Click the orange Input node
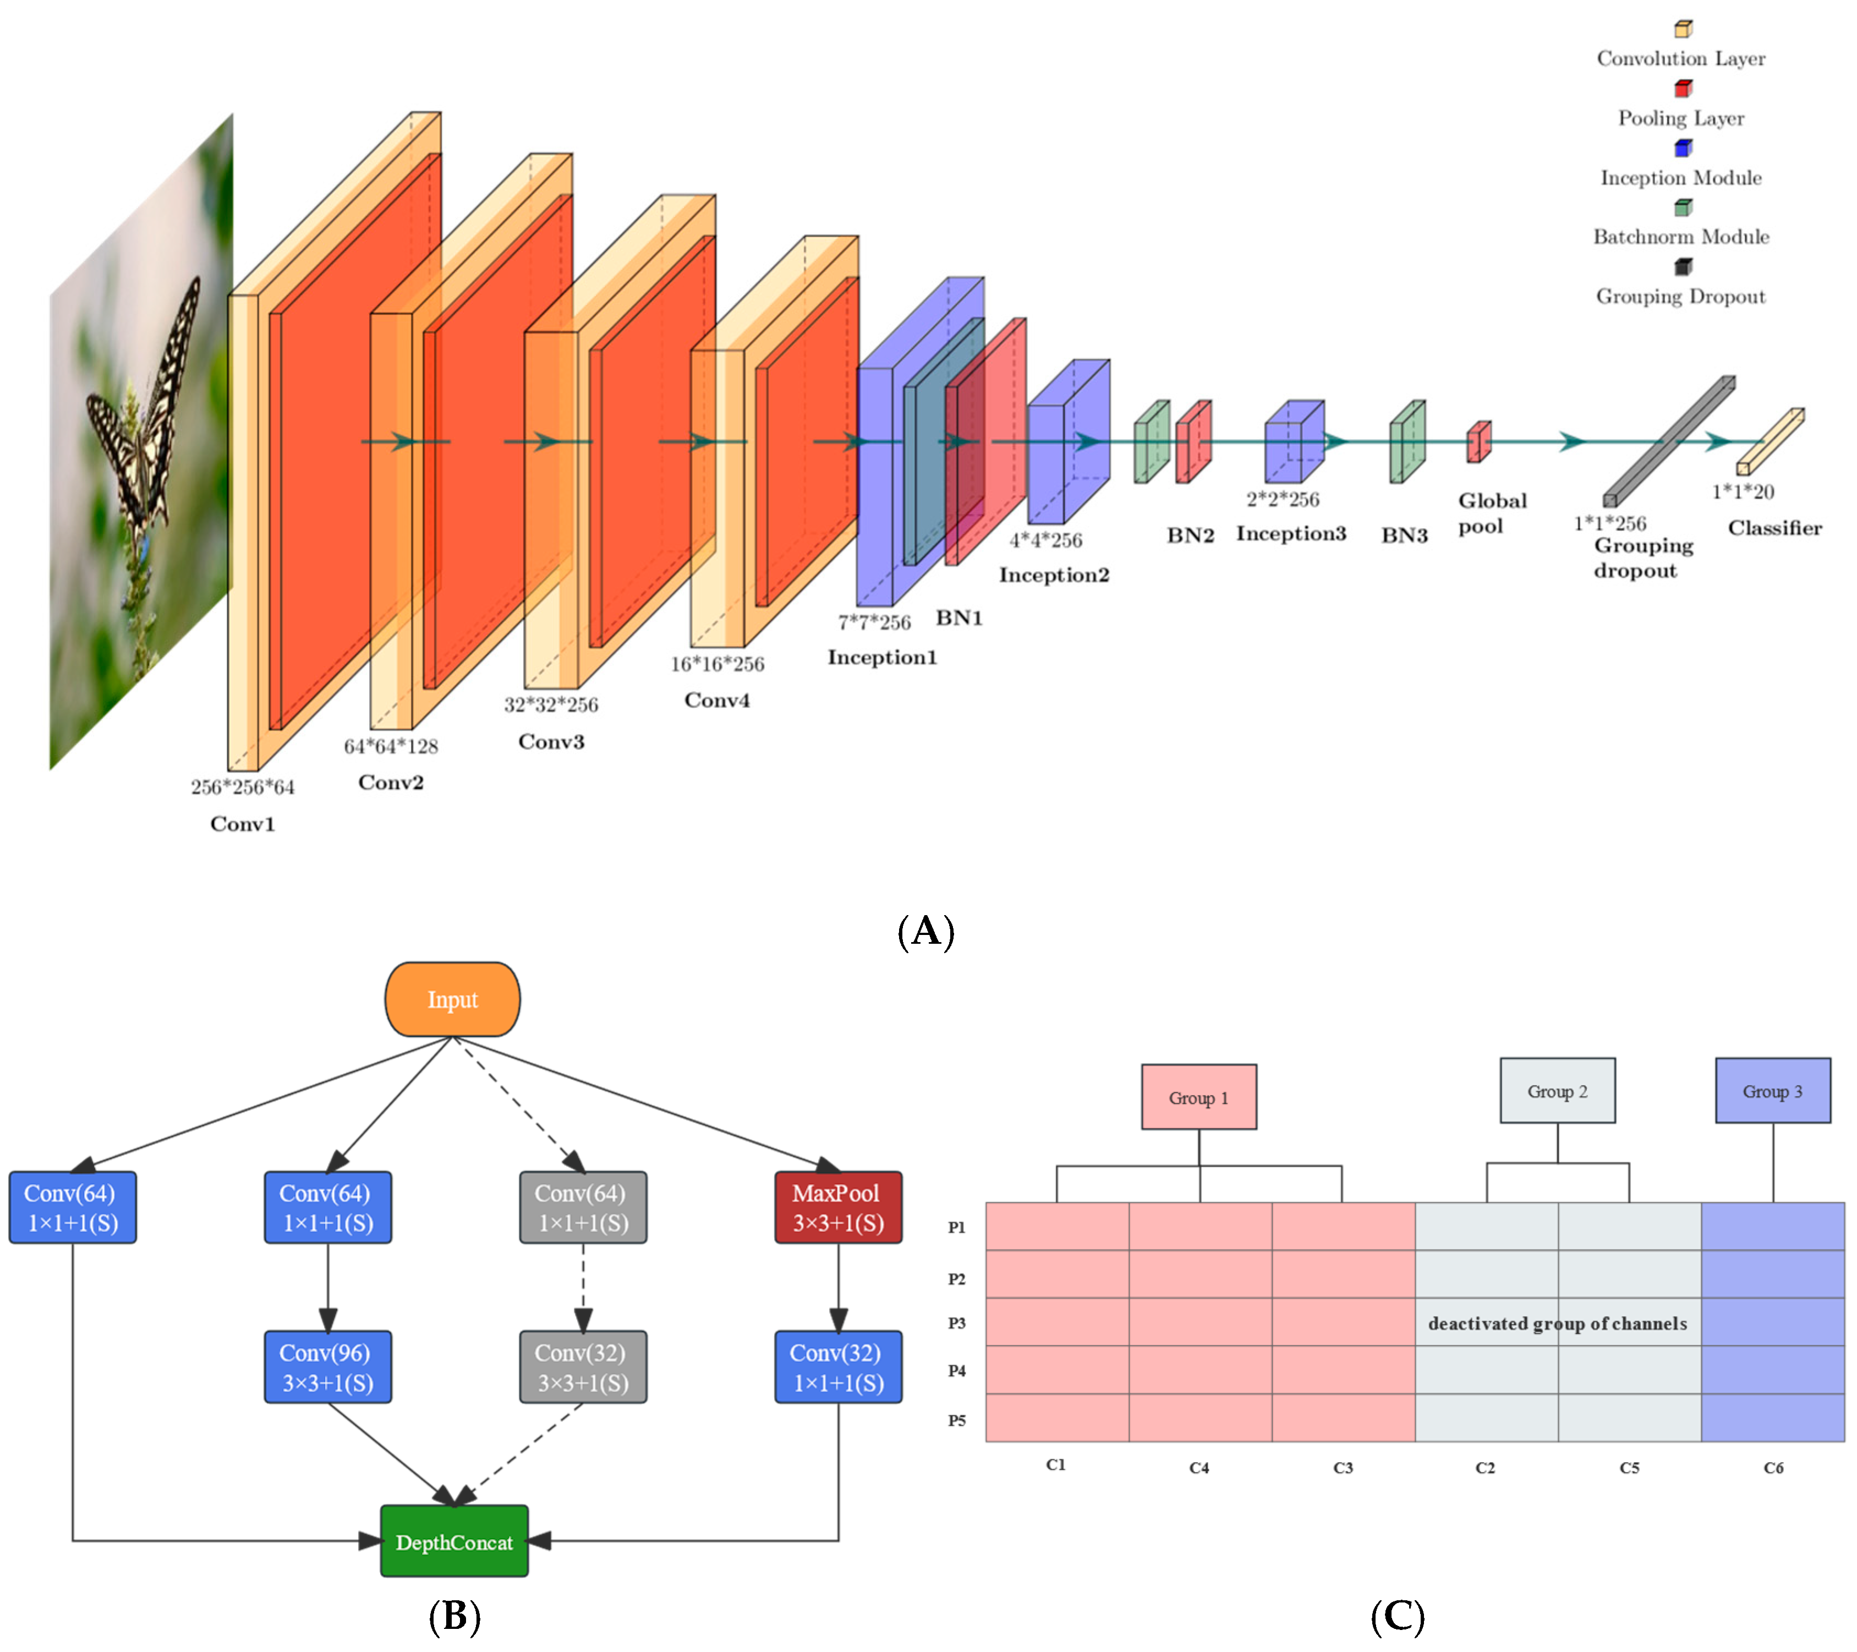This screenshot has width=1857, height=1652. (452, 999)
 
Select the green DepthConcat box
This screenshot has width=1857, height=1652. (454, 1542)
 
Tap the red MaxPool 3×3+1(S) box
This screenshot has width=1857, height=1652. (837, 1208)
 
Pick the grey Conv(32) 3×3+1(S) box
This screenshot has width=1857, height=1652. (582, 1367)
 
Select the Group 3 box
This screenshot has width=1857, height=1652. (1772, 1091)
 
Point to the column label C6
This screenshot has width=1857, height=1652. (1772, 1468)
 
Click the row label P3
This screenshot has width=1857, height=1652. (957, 1323)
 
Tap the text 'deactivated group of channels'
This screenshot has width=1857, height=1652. (1557, 1323)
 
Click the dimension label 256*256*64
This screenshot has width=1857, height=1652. (243, 787)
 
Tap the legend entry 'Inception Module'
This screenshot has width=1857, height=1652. (1681, 178)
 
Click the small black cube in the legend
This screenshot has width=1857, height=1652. (1683, 267)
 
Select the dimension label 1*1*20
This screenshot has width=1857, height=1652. (1743, 491)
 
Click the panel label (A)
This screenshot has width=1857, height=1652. (926, 932)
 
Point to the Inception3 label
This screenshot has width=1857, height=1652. (1290, 533)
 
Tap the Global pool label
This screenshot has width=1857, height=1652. (1492, 513)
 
